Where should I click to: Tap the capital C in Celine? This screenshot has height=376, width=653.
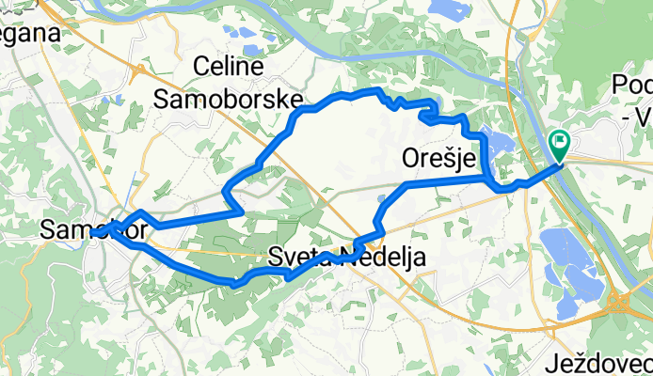(202, 66)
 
